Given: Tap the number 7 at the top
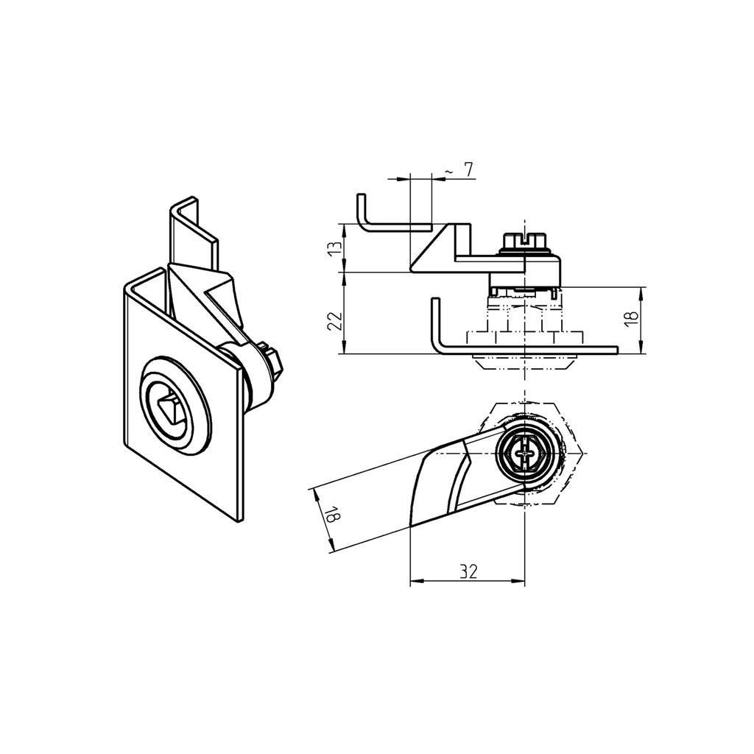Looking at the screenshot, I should click(468, 169).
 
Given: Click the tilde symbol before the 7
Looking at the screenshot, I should click(448, 172).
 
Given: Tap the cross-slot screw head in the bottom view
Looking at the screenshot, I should click(524, 457).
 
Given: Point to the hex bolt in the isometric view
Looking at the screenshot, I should click(272, 362).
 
